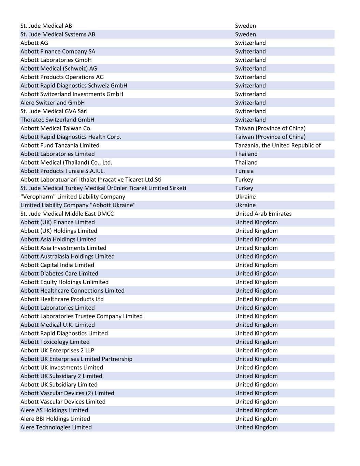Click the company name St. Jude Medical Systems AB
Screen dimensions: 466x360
58,34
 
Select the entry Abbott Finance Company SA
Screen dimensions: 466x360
58,52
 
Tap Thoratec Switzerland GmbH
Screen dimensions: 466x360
57,120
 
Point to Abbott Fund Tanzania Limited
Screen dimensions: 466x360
60,145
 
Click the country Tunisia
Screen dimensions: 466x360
244,171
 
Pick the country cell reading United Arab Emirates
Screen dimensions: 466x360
263,214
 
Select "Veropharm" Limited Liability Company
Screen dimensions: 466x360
73,197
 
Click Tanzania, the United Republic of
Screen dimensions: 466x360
278,145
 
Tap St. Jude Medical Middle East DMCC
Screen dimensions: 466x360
67,214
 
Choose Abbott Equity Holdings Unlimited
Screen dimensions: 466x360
64,282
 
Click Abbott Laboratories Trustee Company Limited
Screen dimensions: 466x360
82,316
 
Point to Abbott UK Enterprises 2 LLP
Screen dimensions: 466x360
57,350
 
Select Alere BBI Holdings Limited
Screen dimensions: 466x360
55,419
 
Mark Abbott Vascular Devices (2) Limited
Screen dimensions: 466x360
67,393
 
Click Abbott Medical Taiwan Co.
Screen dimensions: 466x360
56,128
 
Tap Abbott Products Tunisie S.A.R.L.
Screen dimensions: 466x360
62,171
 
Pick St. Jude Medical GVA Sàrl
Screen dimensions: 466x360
54,111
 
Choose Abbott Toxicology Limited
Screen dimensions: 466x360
55,342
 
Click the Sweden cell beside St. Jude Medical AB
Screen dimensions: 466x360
245,26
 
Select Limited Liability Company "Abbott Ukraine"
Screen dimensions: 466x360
78,205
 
